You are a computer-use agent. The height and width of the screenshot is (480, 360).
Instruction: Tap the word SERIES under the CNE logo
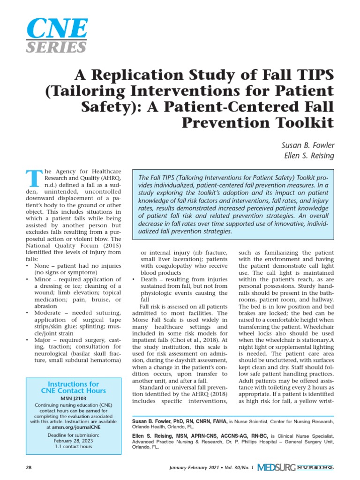pyautogui.click(x=56, y=47)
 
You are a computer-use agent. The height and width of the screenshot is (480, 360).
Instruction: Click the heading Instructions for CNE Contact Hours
pyautogui.click(x=74, y=387)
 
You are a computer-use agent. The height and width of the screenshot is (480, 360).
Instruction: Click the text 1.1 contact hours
pyautogui.click(x=74, y=449)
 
